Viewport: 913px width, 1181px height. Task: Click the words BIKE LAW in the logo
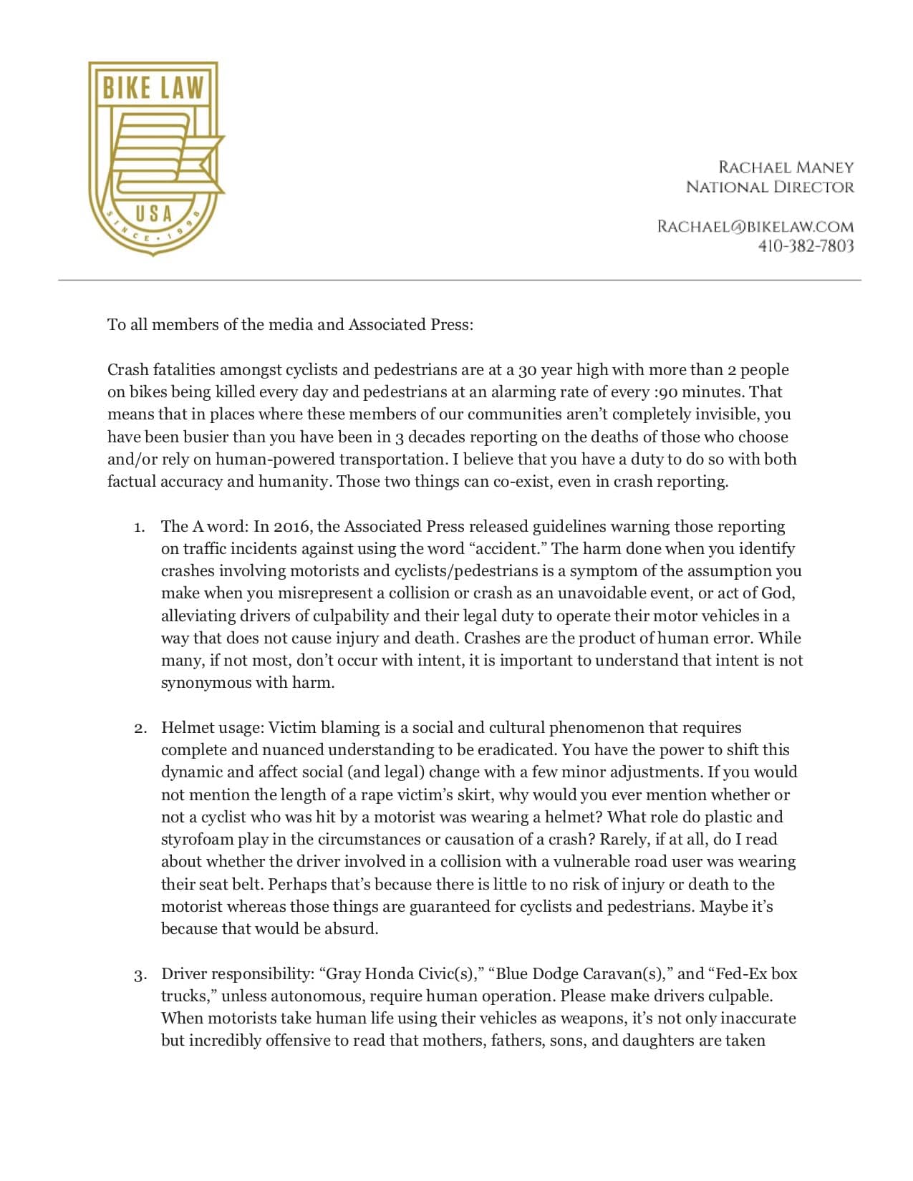pos(153,88)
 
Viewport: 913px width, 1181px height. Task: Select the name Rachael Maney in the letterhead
pos(786,167)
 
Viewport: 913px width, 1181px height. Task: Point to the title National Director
pos(770,187)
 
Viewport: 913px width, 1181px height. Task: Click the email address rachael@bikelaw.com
pos(755,227)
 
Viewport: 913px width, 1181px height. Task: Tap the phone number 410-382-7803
pos(806,246)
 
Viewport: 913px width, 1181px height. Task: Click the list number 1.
pos(139,528)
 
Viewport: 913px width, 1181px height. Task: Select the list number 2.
pos(139,729)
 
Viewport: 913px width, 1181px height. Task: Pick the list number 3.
pos(139,975)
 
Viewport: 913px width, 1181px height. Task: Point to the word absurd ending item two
pos(352,929)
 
